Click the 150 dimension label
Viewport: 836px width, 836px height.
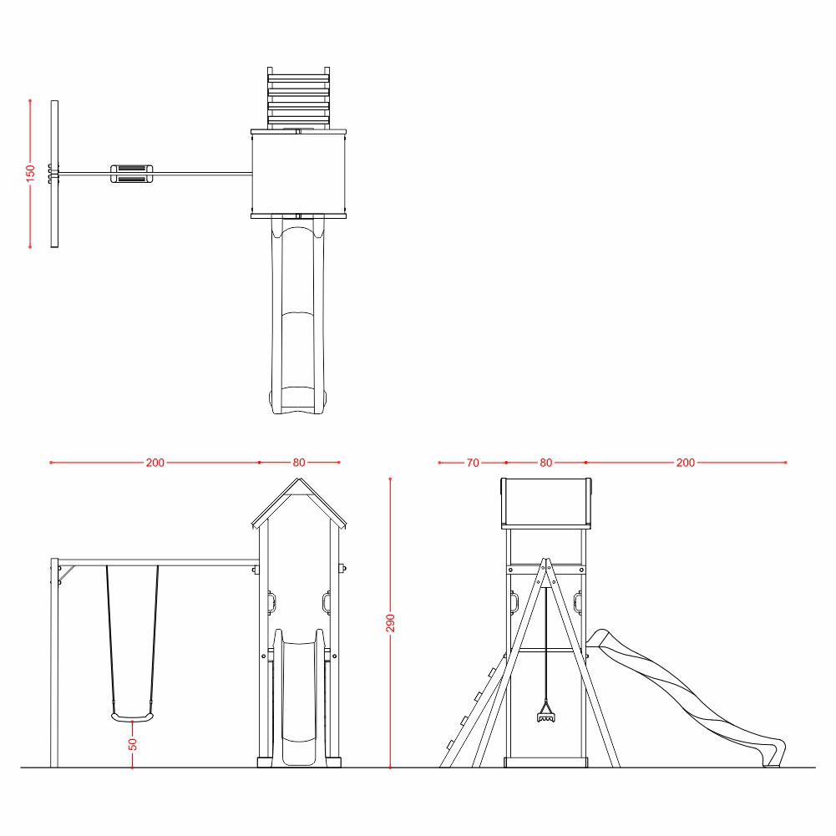(30, 173)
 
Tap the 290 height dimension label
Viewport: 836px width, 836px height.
(390, 623)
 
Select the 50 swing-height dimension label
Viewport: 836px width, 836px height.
(132, 744)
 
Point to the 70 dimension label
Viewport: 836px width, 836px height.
(473, 463)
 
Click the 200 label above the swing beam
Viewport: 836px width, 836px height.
(155, 462)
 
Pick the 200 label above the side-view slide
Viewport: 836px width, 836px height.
(686, 463)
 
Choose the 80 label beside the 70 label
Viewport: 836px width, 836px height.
(546, 463)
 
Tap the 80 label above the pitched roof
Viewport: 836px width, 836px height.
(299, 462)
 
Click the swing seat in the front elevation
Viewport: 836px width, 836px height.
(132, 717)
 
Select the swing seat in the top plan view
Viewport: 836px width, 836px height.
(132, 174)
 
